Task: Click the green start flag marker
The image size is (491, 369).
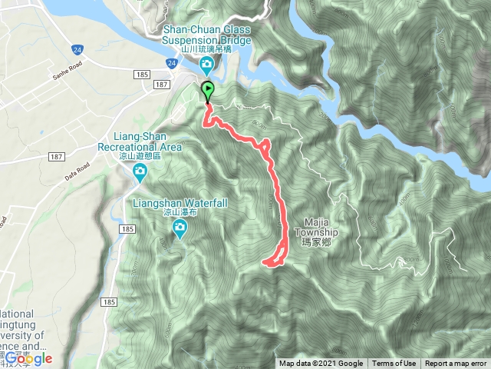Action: tap(207, 91)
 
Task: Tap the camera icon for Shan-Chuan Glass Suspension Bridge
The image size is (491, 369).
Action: tap(206, 64)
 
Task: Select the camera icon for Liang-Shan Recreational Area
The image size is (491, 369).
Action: tap(140, 171)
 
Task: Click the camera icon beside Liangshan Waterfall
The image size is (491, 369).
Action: tap(180, 227)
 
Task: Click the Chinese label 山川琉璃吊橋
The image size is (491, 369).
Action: tap(205, 47)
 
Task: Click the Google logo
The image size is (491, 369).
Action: tap(28, 358)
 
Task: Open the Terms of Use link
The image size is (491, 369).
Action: tap(394, 364)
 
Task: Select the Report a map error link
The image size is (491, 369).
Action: tap(456, 364)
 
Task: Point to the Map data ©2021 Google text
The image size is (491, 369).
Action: tap(321, 364)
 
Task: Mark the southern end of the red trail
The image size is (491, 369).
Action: tap(265, 264)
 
